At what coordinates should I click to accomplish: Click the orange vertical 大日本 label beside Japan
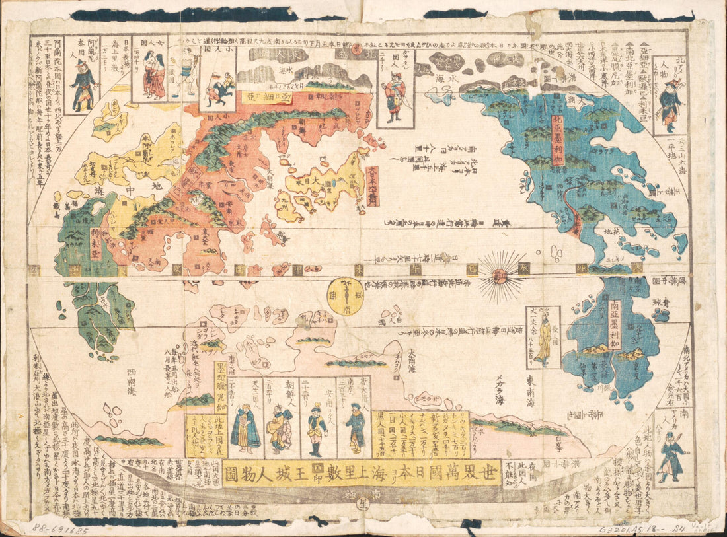point(373,186)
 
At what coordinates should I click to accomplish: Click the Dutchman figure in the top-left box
point(83,85)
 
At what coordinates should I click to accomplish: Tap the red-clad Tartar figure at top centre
point(396,98)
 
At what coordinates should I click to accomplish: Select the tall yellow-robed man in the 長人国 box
point(544,339)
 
